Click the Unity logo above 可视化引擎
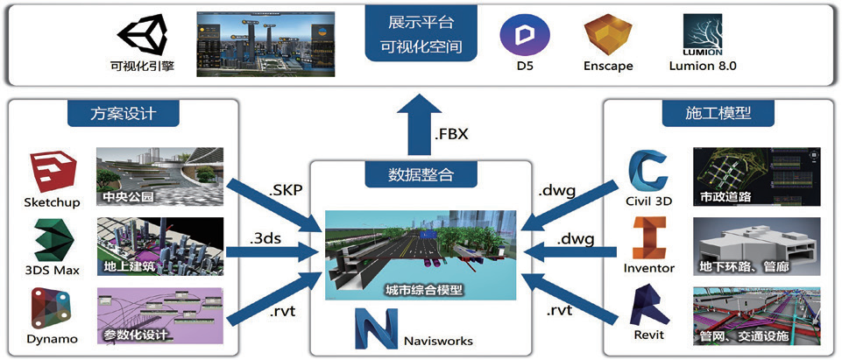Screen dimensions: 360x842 141,34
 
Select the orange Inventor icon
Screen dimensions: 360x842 649,238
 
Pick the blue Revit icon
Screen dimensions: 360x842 649,307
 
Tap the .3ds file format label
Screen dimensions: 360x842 269,235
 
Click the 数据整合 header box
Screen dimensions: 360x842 421,173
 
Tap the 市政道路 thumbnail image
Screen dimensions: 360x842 756,177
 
